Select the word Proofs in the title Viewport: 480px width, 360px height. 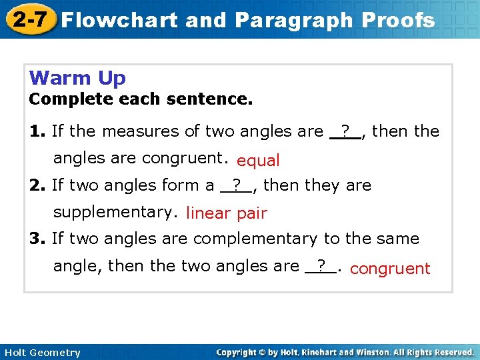tap(398, 20)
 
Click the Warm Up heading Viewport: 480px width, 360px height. tap(77, 78)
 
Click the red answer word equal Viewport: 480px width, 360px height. tap(258, 161)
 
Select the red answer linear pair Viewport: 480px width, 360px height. tap(226, 213)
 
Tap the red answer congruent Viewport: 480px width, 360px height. tap(390, 269)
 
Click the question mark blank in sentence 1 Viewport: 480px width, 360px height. tap(345, 131)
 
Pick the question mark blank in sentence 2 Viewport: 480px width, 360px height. tap(236, 185)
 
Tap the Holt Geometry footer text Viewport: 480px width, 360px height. tap(41, 352)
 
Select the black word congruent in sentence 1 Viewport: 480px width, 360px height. tap(184, 158)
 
